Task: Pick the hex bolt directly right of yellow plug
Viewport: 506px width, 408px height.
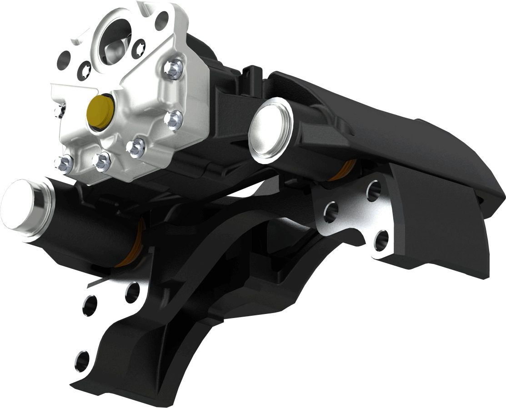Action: coord(173,119)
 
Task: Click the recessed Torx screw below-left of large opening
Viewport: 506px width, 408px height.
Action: coord(85,70)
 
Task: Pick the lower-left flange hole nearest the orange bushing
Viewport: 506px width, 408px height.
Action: coord(132,292)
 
